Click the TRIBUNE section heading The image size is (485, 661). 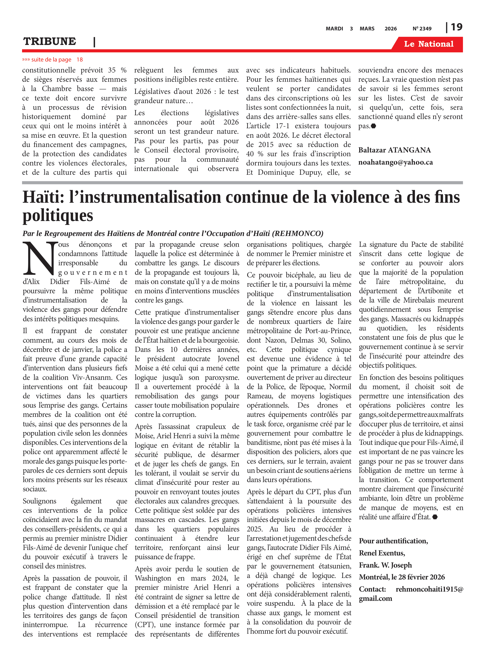coord(50,41)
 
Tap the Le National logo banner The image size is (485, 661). coord(428,44)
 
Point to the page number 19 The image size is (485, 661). coord(456,27)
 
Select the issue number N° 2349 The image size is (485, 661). coord(422,29)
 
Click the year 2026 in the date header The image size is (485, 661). coord(390,29)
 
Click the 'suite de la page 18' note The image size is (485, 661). coord(52,59)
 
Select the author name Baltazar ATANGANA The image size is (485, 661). coord(394,150)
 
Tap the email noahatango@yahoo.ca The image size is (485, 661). coord(395,162)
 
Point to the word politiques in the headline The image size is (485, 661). coord(58,216)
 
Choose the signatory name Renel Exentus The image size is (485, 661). coord(382,553)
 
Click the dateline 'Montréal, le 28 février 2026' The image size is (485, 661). coord(402,577)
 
